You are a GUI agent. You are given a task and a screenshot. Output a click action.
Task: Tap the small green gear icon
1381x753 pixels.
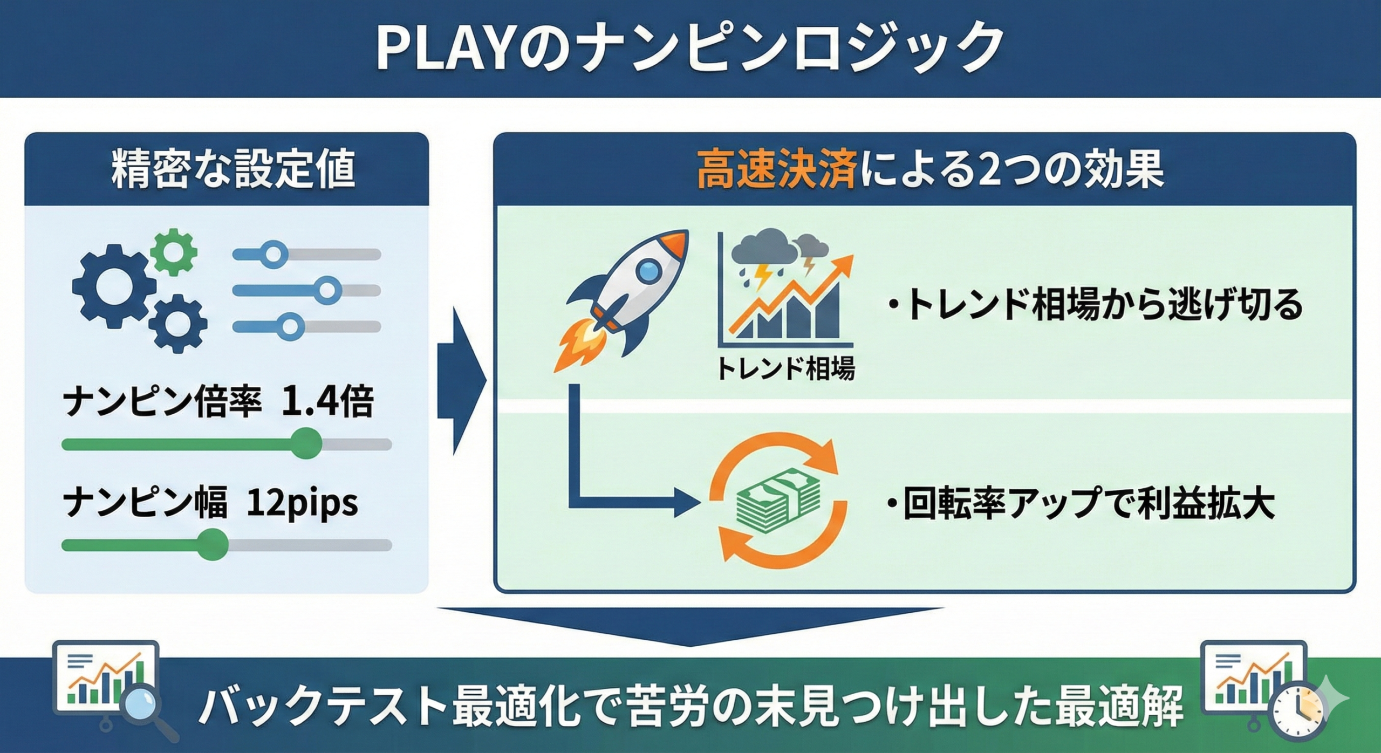pos(173,252)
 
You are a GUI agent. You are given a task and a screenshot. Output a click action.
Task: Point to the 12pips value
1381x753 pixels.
pos(302,503)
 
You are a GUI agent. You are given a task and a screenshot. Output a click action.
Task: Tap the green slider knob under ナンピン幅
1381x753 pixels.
pos(212,545)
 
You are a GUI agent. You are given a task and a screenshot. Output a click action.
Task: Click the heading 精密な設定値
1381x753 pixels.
pos(233,170)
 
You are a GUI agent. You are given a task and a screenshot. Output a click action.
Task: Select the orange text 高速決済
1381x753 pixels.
pos(777,170)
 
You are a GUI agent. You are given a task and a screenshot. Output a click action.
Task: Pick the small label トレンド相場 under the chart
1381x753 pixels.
pos(785,369)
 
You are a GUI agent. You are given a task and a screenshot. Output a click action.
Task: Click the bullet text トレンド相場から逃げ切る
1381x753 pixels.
pos(1100,305)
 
